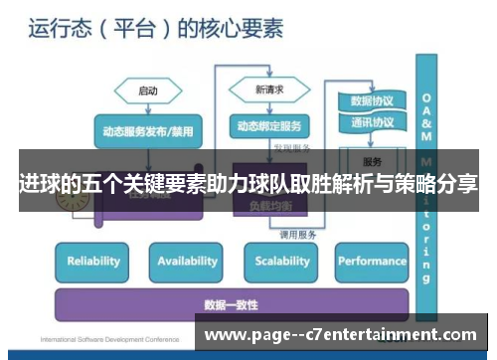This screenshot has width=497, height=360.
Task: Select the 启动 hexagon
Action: click(x=148, y=90)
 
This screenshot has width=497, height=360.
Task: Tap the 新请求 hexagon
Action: click(x=268, y=90)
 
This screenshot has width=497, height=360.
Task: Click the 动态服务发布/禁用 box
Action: click(x=148, y=130)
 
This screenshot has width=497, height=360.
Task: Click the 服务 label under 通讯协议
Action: click(x=372, y=161)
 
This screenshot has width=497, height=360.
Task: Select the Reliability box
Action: click(x=92, y=262)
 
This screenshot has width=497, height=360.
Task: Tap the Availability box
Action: click(x=187, y=262)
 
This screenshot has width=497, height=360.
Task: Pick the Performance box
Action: click(x=371, y=262)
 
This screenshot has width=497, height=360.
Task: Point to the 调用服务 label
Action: click(x=297, y=235)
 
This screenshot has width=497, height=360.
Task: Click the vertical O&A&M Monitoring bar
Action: click(x=427, y=169)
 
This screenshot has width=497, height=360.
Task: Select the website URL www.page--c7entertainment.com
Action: click(x=341, y=335)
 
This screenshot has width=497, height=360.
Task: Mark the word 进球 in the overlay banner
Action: click(x=38, y=184)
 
